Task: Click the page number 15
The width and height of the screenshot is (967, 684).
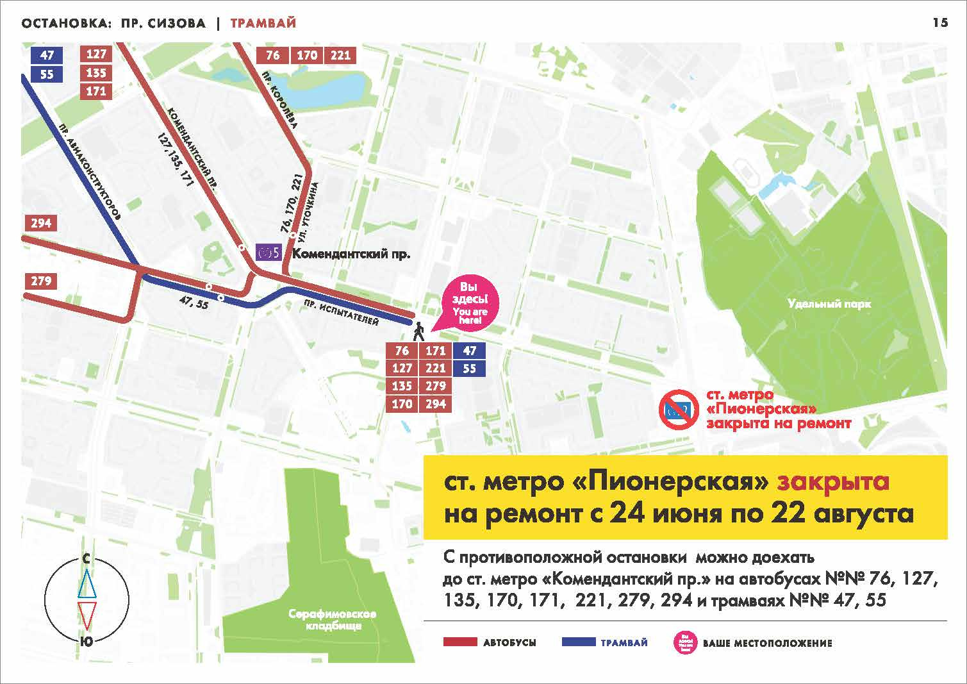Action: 939,23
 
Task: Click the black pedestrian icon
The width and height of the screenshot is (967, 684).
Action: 418,331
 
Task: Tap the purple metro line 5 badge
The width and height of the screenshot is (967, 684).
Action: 269,253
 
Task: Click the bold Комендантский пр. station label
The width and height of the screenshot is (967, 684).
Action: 351,254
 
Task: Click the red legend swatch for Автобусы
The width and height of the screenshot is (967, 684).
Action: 459,642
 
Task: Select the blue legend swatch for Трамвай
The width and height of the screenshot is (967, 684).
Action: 577,642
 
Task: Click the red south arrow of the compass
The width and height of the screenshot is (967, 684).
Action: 87,615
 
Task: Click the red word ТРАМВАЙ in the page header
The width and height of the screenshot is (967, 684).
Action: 263,24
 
